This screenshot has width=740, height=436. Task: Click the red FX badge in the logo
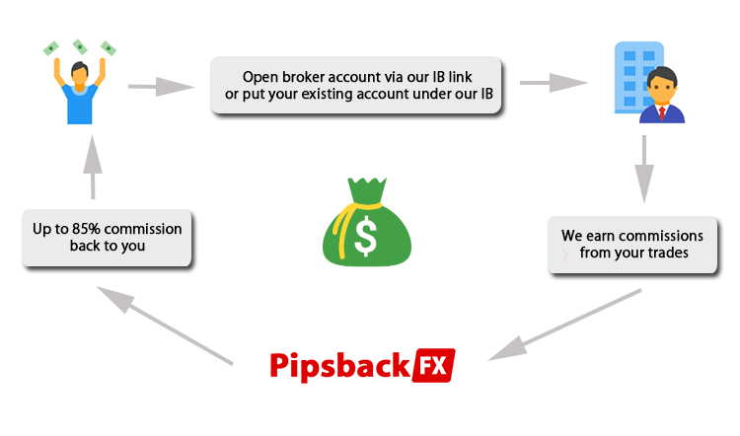click(434, 366)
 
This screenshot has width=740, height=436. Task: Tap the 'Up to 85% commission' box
click(107, 237)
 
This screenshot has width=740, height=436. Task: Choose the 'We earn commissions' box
click(631, 245)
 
